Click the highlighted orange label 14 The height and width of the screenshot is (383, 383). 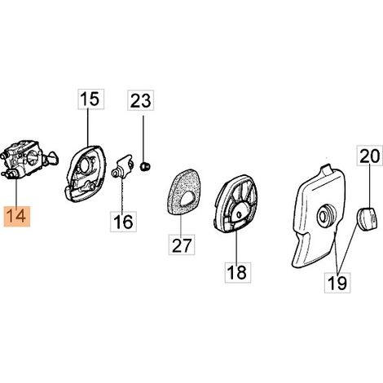point(17,217)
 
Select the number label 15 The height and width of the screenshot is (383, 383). point(91,99)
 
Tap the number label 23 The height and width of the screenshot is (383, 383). point(141,100)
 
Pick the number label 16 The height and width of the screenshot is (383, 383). point(123,222)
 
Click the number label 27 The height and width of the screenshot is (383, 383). point(182,244)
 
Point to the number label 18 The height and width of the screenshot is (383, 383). point(238,272)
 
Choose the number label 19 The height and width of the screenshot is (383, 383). point(337,283)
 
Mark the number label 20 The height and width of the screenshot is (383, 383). point(370,156)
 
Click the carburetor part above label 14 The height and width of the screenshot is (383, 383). point(29,160)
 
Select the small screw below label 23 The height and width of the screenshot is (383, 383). point(145,166)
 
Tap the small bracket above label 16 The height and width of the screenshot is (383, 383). point(123,166)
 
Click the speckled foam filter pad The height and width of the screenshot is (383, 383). point(183,192)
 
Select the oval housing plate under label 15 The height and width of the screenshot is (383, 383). point(85,174)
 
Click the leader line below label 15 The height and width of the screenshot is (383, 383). point(88,128)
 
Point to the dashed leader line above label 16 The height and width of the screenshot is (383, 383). point(122,195)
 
